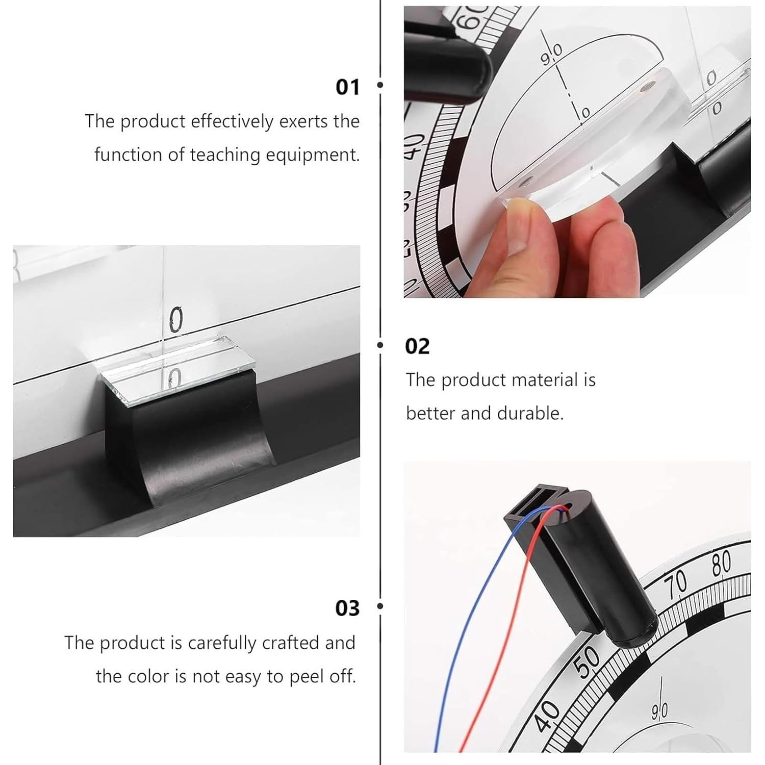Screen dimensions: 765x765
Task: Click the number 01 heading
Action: point(348,87)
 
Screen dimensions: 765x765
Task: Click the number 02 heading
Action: point(417,346)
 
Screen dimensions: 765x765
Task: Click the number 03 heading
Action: point(348,608)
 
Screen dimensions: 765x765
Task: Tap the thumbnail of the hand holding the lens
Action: point(577,152)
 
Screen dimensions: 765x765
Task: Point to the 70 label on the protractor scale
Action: point(675,588)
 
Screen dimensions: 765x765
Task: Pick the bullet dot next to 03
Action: point(379,606)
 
